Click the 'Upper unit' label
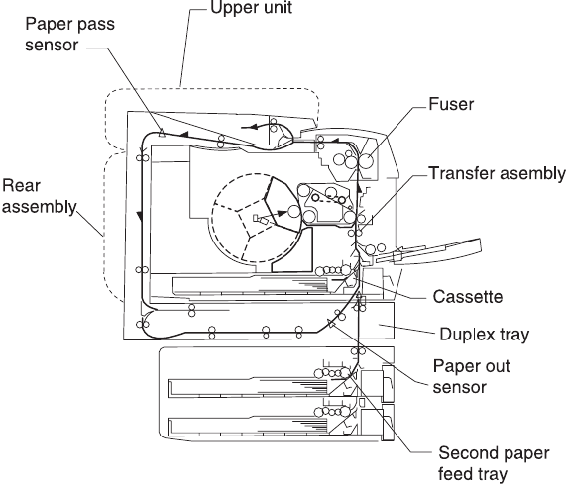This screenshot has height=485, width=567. pyautogui.click(x=251, y=8)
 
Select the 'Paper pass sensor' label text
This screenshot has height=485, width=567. pyautogui.click(x=69, y=35)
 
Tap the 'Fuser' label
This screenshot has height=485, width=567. pyautogui.click(x=451, y=104)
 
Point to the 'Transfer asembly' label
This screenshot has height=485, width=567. pyautogui.click(x=497, y=173)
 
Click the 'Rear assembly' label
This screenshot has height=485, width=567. pyautogui.click(x=39, y=196)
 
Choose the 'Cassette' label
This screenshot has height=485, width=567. pyautogui.click(x=468, y=297)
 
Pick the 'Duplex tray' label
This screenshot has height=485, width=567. pyautogui.click(x=484, y=335)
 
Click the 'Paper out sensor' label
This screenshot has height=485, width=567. pyautogui.click(x=471, y=377)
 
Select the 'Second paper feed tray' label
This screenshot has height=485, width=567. pyautogui.click(x=494, y=463)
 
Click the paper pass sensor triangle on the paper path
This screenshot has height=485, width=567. pyautogui.click(x=162, y=134)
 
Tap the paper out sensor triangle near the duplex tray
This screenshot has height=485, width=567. pyautogui.click(x=330, y=324)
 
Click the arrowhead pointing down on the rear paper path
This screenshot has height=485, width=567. pyautogui.click(x=139, y=216)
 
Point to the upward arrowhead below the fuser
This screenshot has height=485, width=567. pyautogui.click(x=359, y=188)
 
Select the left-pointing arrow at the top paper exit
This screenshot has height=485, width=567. pyautogui.click(x=254, y=126)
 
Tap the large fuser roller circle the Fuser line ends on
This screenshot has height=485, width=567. pyautogui.click(x=366, y=160)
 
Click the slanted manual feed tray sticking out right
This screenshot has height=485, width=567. pyautogui.click(x=429, y=251)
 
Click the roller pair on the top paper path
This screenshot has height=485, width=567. pyautogui.click(x=220, y=142)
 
